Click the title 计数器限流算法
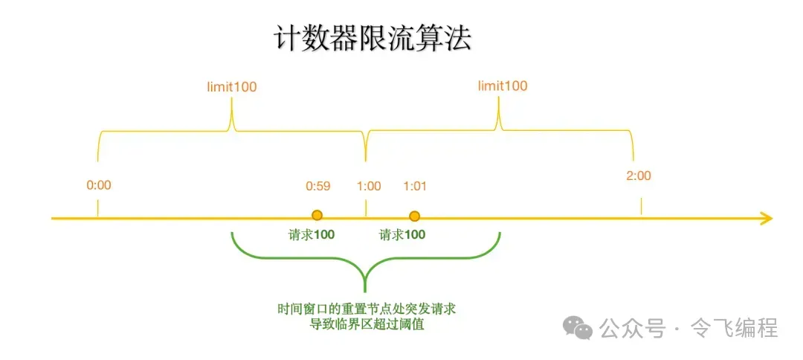[x=373, y=39]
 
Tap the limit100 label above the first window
[x=232, y=86]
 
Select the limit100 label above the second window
[x=503, y=86]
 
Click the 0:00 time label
[x=98, y=185]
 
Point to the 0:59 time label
[x=317, y=186]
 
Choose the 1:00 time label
[x=368, y=186]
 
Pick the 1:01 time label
[x=414, y=186]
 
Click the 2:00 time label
[x=639, y=176]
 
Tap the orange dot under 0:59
[x=317, y=216]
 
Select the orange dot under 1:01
[x=415, y=216]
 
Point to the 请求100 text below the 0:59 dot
[x=312, y=235]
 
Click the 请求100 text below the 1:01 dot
[x=402, y=235]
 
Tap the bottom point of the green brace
[x=366, y=289]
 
